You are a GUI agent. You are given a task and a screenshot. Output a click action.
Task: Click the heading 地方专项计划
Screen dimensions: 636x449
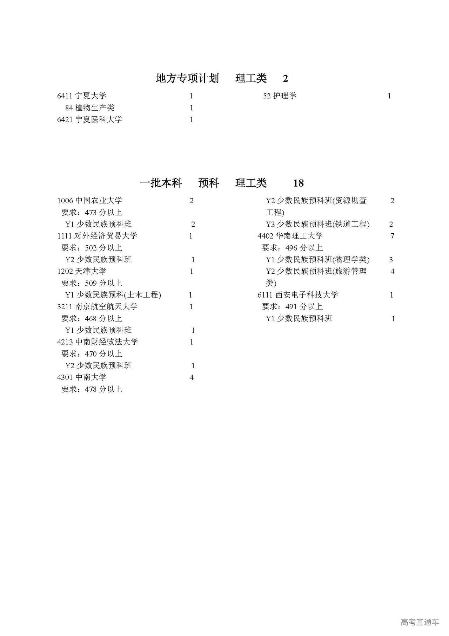pyautogui.click(x=187, y=78)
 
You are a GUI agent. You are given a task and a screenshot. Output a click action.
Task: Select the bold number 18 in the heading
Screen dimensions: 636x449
pyautogui.click(x=298, y=183)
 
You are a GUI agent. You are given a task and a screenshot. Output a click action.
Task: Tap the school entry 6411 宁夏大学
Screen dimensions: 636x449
pyautogui.click(x=81, y=96)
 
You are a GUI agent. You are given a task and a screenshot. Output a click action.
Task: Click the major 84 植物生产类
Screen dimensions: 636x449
pyautogui.click(x=90, y=108)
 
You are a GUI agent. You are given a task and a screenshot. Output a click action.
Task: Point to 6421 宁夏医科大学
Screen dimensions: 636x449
pyautogui.click(x=89, y=119)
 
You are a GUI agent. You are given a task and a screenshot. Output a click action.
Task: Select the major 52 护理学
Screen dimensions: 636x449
pyautogui.click(x=280, y=96)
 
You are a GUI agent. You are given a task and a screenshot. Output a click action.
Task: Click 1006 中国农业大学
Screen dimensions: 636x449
pyautogui.click(x=89, y=201)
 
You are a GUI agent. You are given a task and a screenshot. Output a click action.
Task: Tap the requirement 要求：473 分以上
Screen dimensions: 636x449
pyautogui.click(x=92, y=213)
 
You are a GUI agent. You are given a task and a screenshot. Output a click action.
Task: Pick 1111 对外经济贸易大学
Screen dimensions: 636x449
pyautogui.click(x=97, y=236)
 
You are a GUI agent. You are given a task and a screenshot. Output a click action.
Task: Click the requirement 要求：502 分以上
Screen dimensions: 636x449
pyautogui.click(x=92, y=248)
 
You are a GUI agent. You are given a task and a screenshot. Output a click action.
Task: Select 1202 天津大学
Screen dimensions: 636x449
pyautogui.click(x=81, y=271)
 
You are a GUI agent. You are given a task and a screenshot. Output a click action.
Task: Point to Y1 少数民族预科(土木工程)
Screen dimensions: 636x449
pyautogui.click(x=113, y=295)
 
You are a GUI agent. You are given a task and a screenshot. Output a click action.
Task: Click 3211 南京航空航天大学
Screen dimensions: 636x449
pyautogui.click(x=97, y=306)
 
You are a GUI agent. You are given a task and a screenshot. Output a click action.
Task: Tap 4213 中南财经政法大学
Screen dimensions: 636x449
pyautogui.click(x=97, y=342)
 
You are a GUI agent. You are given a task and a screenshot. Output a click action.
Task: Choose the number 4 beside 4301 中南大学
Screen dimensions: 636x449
pyautogui.click(x=192, y=377)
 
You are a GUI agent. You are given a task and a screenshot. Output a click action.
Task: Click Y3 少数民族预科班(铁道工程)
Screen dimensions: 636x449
pyautogui.click(x=317, y=224)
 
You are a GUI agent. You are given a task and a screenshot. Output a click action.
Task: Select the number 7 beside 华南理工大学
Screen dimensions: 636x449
pyautogui.click(x=392, y=236)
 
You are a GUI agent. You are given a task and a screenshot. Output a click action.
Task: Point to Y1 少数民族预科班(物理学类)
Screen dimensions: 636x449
pyautogui.click(x=317, y=260)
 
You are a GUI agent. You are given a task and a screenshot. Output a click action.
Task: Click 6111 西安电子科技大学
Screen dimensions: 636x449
pyautogui.click(x=297, y=295)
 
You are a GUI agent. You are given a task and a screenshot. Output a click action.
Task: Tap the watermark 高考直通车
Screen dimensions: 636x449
pyautogui.click(x=420, y=622)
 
